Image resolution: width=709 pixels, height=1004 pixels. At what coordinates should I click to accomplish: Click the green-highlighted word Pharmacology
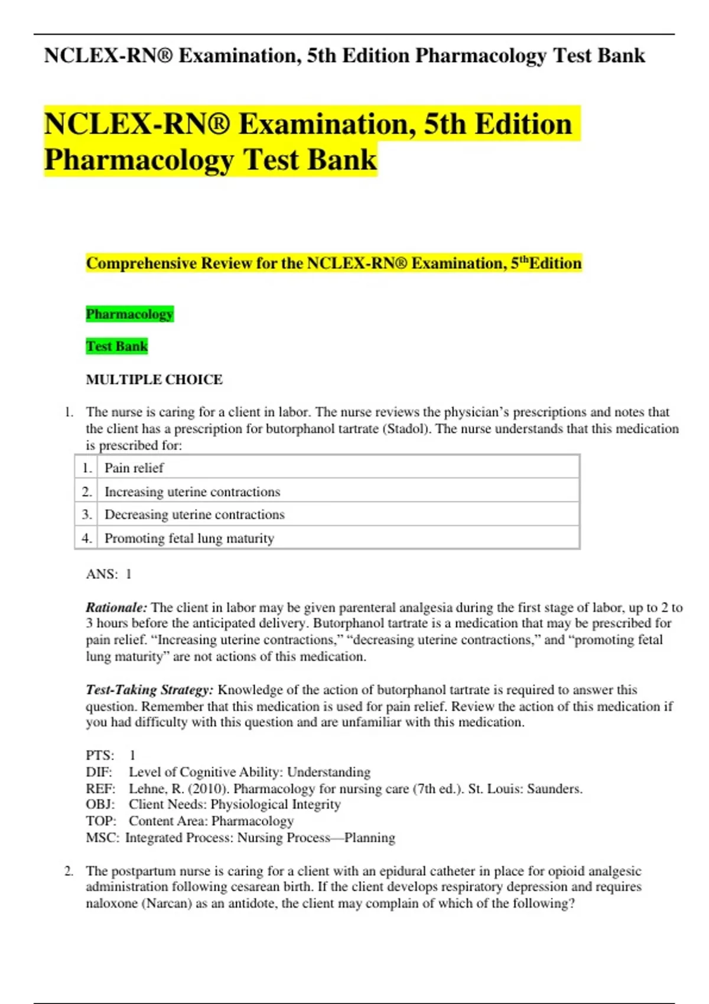click(x=129, y=314)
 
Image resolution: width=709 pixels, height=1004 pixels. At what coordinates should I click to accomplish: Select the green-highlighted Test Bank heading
click(x=116, y=346)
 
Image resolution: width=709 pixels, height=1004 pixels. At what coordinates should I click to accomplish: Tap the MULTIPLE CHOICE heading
click(x=154, y=380)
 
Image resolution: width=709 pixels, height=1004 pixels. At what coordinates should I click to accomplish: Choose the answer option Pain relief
click(x=134, y=468)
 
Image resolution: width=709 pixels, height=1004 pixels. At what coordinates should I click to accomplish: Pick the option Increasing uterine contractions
click(x=192, y=492)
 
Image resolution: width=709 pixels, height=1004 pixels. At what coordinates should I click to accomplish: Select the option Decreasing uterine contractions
click(x=194, y=515)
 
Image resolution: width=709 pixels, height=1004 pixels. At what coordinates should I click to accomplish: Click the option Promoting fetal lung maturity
click(x=189, y=539)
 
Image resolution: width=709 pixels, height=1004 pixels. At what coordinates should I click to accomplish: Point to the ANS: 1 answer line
click(x=109, y=574)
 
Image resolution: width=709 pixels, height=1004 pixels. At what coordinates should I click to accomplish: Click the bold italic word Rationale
click(x=116, y=608)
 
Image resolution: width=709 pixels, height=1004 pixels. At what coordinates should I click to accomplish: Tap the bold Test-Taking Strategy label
click(x=149, y=690)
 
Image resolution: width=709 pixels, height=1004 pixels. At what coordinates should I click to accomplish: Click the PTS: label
click(x=100, y=755)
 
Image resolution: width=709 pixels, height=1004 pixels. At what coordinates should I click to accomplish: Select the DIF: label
click(x=99, y=772)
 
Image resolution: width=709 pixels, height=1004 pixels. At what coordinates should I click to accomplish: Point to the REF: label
click(x=99, y=789)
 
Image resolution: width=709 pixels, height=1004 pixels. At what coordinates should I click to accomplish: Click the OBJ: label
click(x=100, y=804)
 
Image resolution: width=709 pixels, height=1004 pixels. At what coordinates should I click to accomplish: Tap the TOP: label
click(x=100, y=821)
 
